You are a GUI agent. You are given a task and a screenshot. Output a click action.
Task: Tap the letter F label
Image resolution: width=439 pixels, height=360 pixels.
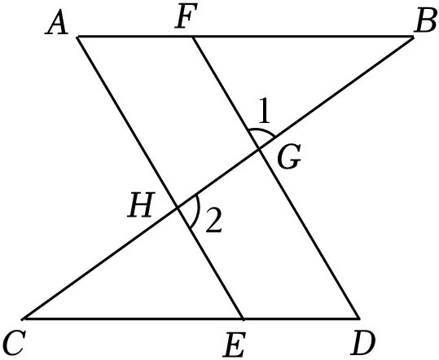pos(186,15)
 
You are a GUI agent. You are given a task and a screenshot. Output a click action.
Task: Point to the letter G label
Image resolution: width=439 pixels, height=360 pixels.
pos(289,156)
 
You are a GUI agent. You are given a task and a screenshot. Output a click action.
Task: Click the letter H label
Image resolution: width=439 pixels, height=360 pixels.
pos(141,205)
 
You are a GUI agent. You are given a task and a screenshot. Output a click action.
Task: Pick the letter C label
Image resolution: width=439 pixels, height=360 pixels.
pos(14,343)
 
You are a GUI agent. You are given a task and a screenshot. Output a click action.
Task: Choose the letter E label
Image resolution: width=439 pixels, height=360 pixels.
pos(235,345)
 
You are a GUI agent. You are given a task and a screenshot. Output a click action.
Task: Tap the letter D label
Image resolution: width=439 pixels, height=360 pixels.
pos(363,343)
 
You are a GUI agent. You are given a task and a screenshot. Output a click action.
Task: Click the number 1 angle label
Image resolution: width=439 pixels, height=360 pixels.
pos(264,110)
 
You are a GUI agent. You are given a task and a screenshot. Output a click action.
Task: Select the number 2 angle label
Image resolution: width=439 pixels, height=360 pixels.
pos(214,221)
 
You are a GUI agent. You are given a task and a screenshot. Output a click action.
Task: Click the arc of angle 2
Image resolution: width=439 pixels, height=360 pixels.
pos(198,210)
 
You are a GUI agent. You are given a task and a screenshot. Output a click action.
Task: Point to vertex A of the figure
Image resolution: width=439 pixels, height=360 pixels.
pos(78,37)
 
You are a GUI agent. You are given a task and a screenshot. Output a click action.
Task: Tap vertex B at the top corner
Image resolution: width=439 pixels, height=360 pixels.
pos(413,37)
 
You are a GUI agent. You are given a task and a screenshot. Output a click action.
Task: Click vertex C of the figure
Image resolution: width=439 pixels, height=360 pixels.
pos(24,318)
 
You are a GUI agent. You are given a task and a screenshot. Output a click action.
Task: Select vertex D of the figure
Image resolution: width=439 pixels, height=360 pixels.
pos(359,318)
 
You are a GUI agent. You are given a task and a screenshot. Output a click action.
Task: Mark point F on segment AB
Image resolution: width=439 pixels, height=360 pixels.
pos(192,37)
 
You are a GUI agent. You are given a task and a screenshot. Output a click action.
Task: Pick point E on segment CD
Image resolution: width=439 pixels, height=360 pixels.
pos(243,318)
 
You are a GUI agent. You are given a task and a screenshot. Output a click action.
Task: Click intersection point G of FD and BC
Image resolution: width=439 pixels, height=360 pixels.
pos(259,150)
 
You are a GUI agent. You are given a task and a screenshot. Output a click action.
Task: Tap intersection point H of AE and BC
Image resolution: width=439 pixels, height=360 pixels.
pos(178,208)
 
